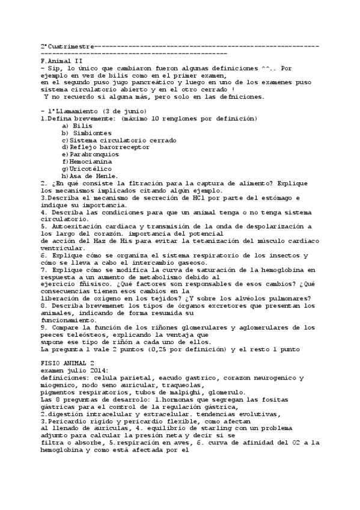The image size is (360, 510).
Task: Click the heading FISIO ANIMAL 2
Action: click(x=66, y=364)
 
